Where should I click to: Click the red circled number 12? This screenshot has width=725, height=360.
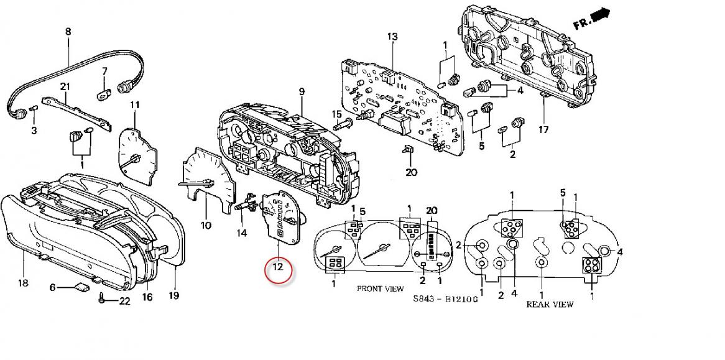click(278, 268)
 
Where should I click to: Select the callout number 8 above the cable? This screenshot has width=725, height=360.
click(68, 32)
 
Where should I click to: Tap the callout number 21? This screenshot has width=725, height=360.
click(65, 86)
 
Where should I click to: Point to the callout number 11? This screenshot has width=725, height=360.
click(134, 105)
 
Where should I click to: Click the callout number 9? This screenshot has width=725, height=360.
click(302, 92)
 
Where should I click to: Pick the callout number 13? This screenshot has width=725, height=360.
click(392, 37)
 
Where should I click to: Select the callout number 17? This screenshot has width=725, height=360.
click(543, 130)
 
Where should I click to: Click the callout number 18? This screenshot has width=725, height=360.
click(23, 283)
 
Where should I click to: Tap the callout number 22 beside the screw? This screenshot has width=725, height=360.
click(124, 302)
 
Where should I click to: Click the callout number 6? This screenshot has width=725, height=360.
click(52, 287)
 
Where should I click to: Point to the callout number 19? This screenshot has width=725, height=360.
click(174, 296)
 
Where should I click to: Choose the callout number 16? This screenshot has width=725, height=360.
click(147, 297)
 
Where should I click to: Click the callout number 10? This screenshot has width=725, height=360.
click(206, 226)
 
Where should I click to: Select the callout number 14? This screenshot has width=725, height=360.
click(242, 233)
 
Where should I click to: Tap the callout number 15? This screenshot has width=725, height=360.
click(336, 114)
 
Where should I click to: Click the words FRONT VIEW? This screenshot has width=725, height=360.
click(377, 289)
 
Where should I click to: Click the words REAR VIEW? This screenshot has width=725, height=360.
click(550, 305)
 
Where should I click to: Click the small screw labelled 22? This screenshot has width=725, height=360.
click(101, 298)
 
